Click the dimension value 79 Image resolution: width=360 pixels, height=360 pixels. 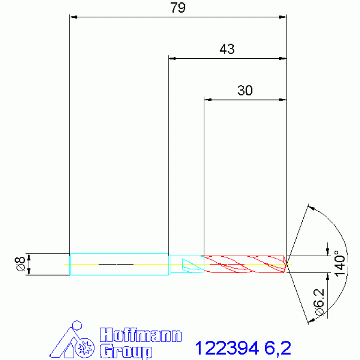point(178,8)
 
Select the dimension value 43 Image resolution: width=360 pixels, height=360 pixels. point(227,49)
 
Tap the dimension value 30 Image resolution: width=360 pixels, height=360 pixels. point(245,90)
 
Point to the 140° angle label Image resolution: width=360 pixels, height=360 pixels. point(339,263)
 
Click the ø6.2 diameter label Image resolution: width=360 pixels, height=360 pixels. point(319,302)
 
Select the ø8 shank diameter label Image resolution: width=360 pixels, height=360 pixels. point(20,264)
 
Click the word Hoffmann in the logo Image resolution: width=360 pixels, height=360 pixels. point(141,335)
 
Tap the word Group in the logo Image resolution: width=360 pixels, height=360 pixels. point(126,350)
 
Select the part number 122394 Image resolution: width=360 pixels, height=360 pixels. point(227,348)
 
